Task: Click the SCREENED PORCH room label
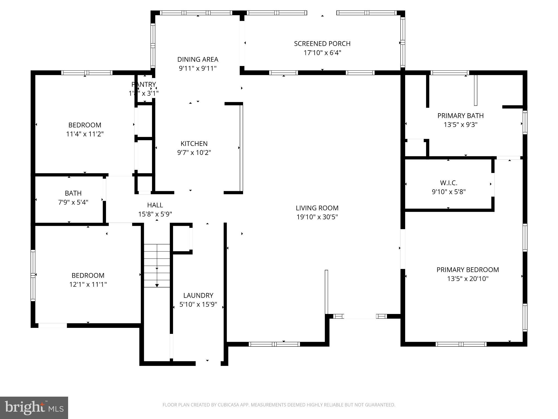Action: tap(322, 44)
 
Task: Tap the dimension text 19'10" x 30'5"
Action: tap(317, 217)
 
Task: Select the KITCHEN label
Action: tap(194, 143)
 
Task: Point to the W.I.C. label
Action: tap(448, 183)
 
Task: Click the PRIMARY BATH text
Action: tap(460, 116)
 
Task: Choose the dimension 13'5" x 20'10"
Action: tap(468, 279)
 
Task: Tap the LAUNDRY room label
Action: tap(198, 295)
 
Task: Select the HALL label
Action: tap(155, 205)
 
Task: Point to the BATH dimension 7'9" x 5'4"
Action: tap(73, 202)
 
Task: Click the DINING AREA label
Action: tap(198, 59)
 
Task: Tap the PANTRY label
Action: tap(144, 85)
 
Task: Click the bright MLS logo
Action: tap(34, 408)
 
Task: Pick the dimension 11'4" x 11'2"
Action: tap(85, 134)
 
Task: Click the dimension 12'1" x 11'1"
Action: tap(88, 285)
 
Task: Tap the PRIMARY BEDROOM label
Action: tap(468, 270)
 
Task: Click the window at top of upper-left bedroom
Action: tap(87, 73)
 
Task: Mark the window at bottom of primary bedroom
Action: tap(461, 344)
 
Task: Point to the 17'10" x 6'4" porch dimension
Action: tap(322, 53)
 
